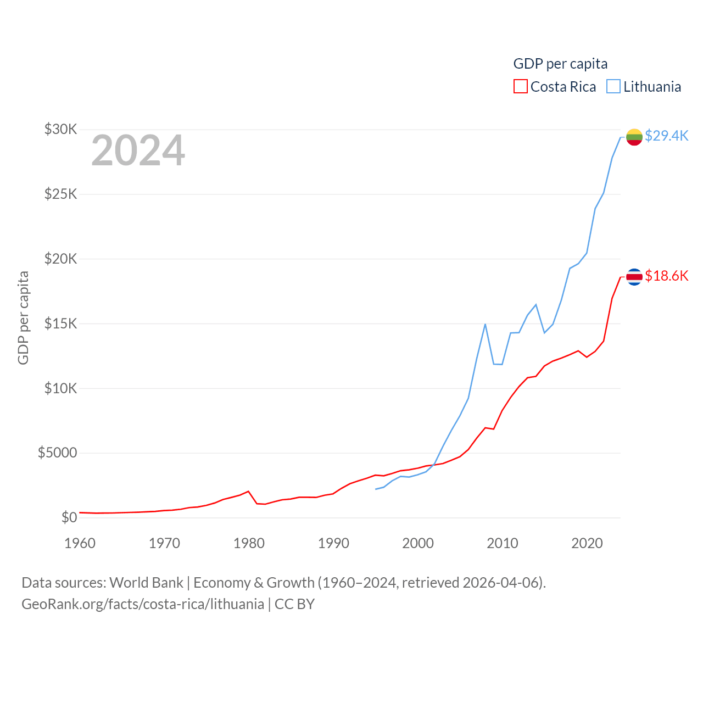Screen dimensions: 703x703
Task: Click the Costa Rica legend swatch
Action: (x=520, y=87)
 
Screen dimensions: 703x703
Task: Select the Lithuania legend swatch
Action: (x=613, y=87)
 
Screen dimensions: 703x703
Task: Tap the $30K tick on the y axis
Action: (x=61, y=130)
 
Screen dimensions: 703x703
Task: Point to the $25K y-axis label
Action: (x=61, y=194)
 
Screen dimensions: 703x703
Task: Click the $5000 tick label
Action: (x=58, y=453)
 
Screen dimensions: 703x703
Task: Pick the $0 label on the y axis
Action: (x=69, y=517)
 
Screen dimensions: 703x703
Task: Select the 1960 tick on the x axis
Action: (x=80, y=543)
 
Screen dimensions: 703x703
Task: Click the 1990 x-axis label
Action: (x=333, y=543)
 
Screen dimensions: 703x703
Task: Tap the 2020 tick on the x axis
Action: (x=587, y=543)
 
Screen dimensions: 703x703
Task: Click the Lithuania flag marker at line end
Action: (x=634, y=137)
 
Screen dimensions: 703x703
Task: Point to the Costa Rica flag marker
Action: (x=634, y=277)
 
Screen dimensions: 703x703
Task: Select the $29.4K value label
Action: (x=666, y=136)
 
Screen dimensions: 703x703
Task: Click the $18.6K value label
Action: (x=666, y=276)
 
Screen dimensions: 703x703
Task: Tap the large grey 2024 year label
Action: (x=138, y=150)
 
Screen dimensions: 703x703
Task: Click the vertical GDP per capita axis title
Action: (x=23, y=317)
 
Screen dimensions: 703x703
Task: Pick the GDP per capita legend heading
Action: (x=560, y=64)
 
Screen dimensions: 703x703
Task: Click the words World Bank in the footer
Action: (x=146, y=582)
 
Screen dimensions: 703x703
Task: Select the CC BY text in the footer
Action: (x=294, y=604)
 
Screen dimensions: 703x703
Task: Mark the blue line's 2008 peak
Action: (x=485, y=324)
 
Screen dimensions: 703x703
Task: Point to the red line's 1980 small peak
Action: (x=248, y=491)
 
